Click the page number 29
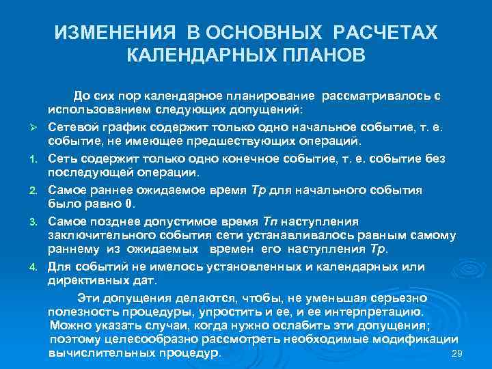[x=459, y=353]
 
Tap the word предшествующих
[x=251, y=141]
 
